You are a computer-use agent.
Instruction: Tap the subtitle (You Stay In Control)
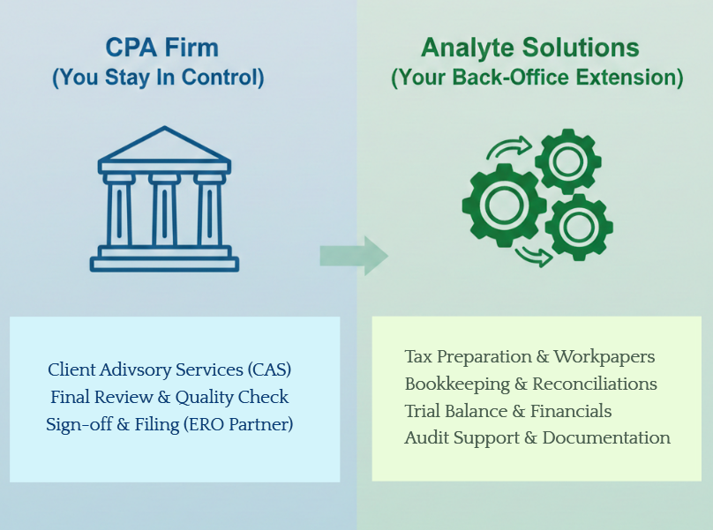(158, 78)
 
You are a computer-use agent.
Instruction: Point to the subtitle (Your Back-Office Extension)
(537, 78)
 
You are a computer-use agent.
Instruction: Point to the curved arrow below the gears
(535, 257)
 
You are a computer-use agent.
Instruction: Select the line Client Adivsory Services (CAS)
(169, 369)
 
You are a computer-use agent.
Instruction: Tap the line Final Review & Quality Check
(169, 397)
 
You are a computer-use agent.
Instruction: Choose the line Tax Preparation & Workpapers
(529, 357)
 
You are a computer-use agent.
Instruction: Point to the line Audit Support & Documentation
(537, 438)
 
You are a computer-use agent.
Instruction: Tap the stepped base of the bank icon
(164, 259)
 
